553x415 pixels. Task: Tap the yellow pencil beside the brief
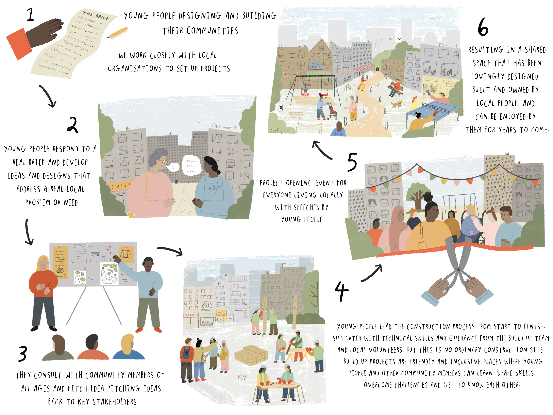tap(117, 33)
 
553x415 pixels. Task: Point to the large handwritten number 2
tap(72, 125)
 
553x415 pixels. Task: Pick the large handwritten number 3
tap(23, 354)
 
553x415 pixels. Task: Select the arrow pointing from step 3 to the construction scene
tap(170, 251)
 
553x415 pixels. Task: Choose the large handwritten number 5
tap(352, 162)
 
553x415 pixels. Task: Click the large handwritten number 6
tap(483, 27)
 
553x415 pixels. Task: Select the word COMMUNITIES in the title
tap(212, 31)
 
